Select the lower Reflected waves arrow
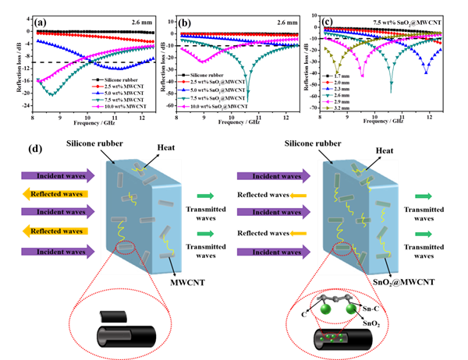[53, 231]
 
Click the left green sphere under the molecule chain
[321, 309]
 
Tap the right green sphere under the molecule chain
[350, 309]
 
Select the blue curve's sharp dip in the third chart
[426, 72]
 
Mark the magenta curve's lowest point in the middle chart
[203, 62]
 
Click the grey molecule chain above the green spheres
[335, 298]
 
